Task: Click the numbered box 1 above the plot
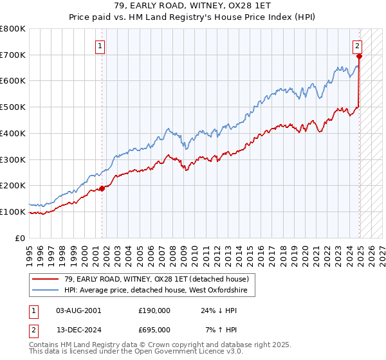[x=101, y=46]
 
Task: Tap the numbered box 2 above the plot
[x=357, y=46]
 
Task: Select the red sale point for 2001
[x=102, y=188]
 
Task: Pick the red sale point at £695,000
[x=358, y=57]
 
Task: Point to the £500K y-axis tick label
[x=12, y=107]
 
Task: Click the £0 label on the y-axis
[x=21, y=238]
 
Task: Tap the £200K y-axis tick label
[x=12, y=186]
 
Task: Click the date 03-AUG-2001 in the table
[x=78, y=310]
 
